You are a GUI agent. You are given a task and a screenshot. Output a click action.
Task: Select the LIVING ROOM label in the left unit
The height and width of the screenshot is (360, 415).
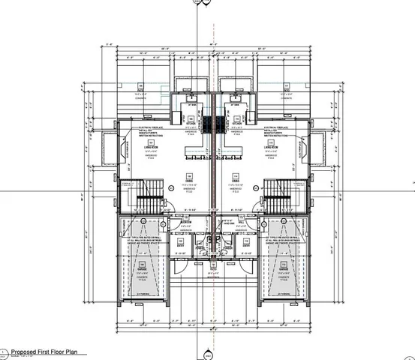tap(149, 146)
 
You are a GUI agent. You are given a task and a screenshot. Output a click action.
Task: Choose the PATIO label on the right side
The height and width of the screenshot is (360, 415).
tap(286, 91)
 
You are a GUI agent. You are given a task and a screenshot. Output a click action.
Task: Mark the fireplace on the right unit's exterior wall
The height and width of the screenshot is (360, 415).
tap(314, 146)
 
